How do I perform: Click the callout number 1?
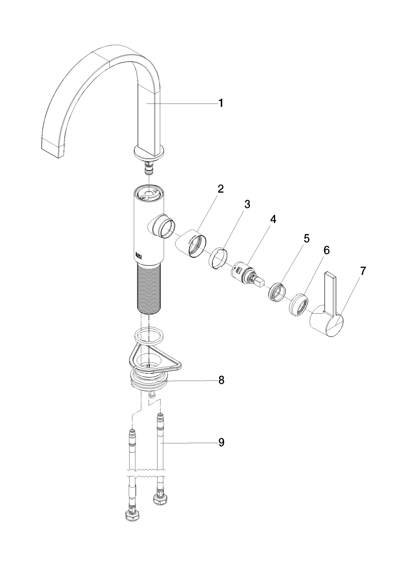click(x=220, y=103)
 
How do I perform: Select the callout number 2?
click(x=220, y=189)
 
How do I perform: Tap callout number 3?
click(x=247, y=204)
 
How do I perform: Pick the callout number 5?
click(x=306, y=239)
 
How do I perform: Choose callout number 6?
click(x=326, y=250)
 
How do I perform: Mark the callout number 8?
click(x=221, y=380)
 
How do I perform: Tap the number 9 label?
click(x=221, y=442)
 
